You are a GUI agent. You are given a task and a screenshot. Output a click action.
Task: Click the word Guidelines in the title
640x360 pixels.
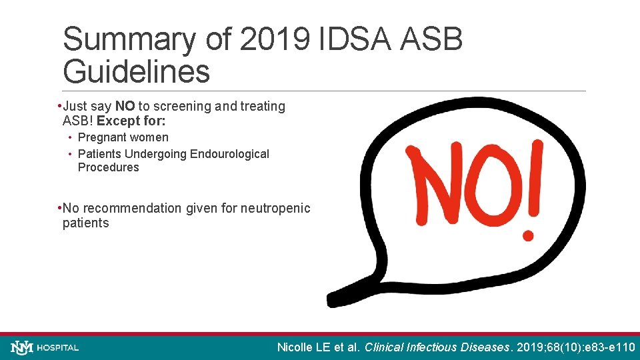click(x=136, y=71)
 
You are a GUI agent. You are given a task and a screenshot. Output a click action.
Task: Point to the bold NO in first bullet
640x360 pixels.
click(x=125, y=106)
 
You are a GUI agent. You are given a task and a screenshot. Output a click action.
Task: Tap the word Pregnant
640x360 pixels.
click(x=101, y=137)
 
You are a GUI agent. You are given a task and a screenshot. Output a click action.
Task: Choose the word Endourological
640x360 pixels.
click(x=229, y=154)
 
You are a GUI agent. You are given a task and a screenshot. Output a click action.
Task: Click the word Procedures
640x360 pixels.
click(x=108, y=167)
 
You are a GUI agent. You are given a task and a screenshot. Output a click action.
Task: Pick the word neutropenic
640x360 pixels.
click(x=275, y=208)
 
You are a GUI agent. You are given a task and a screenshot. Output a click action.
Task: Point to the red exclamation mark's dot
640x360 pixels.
click(x=529, y=235)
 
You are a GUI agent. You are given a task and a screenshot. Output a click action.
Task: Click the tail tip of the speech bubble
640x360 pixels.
click(x=331, y=301)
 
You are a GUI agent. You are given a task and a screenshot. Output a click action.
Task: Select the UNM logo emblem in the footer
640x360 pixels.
click(x=22, y=347)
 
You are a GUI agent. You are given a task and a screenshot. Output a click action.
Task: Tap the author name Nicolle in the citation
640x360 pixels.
click(x=296, y=347)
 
